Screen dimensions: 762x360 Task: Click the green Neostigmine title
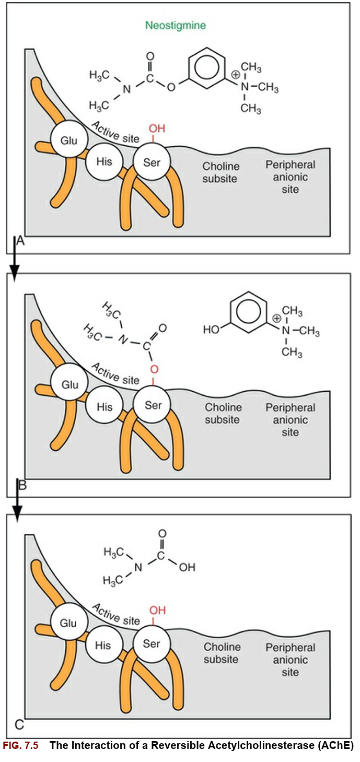(x=176, y=26)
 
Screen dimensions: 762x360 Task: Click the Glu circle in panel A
(x=68, y=140)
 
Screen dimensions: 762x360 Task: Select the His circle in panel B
(x=103, y=407)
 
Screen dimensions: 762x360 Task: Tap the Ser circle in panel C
(x=152, y=644)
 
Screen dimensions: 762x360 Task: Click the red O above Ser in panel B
(x=154, y=369)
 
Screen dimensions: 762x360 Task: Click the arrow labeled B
(x=18, y=499)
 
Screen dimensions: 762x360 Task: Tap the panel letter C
(x=19, y=725)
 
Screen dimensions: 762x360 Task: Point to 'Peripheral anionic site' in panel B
(x=290, y=420)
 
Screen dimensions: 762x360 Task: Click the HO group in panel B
(x=211, y=330)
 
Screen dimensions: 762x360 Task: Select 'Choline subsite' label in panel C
(x=221, y=653)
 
